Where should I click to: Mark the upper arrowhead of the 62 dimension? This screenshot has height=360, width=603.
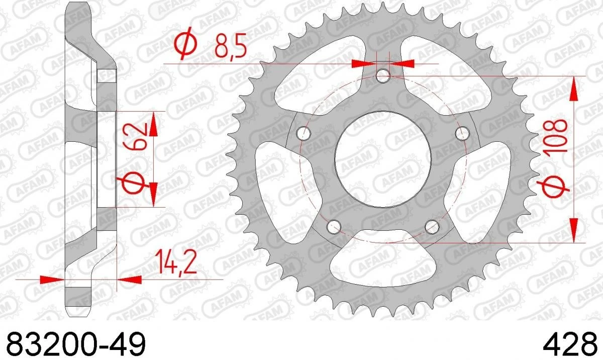pyautogui.click(x=153, y=123)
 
